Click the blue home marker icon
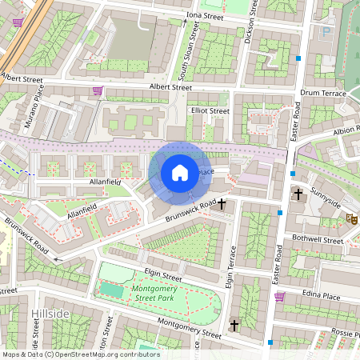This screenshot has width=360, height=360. coord(180,173)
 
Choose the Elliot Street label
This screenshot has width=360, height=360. coord(210,111)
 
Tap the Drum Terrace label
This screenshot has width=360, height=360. coord(322,94)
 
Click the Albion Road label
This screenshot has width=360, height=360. coord(345,130)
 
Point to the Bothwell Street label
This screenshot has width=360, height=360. coord(317,240)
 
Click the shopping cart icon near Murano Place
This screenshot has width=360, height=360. coord(97,90)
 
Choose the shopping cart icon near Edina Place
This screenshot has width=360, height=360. coord(279,296)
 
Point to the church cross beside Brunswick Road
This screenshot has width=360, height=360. coord(222,206)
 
